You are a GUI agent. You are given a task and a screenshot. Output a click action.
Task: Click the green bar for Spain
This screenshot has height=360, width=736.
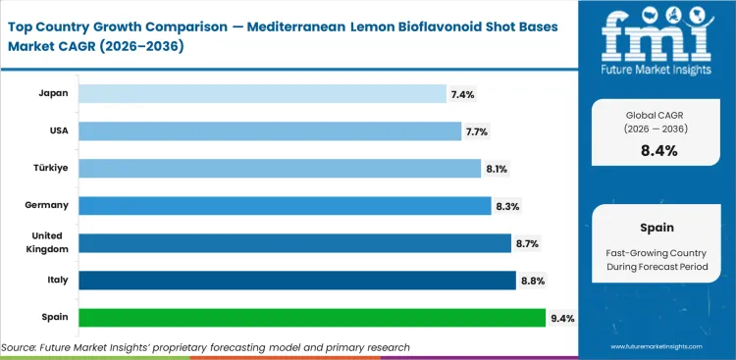tap(311, 318)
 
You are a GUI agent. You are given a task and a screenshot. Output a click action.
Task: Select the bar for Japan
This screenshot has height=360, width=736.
tap(262, 93)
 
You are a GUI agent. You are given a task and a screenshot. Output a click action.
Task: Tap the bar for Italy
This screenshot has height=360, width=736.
tap(296, 281)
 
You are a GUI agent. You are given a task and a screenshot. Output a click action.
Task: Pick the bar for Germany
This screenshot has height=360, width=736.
tap(285, 205)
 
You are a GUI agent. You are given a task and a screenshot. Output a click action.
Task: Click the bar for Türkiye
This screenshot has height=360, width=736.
tap(280, 168)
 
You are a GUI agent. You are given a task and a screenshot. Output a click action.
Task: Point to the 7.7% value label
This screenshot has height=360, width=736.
tap(477, 130)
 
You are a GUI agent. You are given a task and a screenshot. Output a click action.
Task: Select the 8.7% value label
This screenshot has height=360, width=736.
tap(527, 243)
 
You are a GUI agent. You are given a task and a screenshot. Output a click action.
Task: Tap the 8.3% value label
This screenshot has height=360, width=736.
tap(506, 205)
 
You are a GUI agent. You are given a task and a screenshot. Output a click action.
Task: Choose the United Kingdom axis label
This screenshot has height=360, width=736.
tap(46, 242)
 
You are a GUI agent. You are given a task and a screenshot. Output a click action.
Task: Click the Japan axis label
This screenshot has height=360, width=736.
tap(53, 93)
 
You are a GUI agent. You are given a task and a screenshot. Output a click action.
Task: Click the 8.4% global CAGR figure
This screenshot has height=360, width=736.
tap(658, 150)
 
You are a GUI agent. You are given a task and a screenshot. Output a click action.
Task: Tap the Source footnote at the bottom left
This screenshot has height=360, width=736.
tap(206, 347)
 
